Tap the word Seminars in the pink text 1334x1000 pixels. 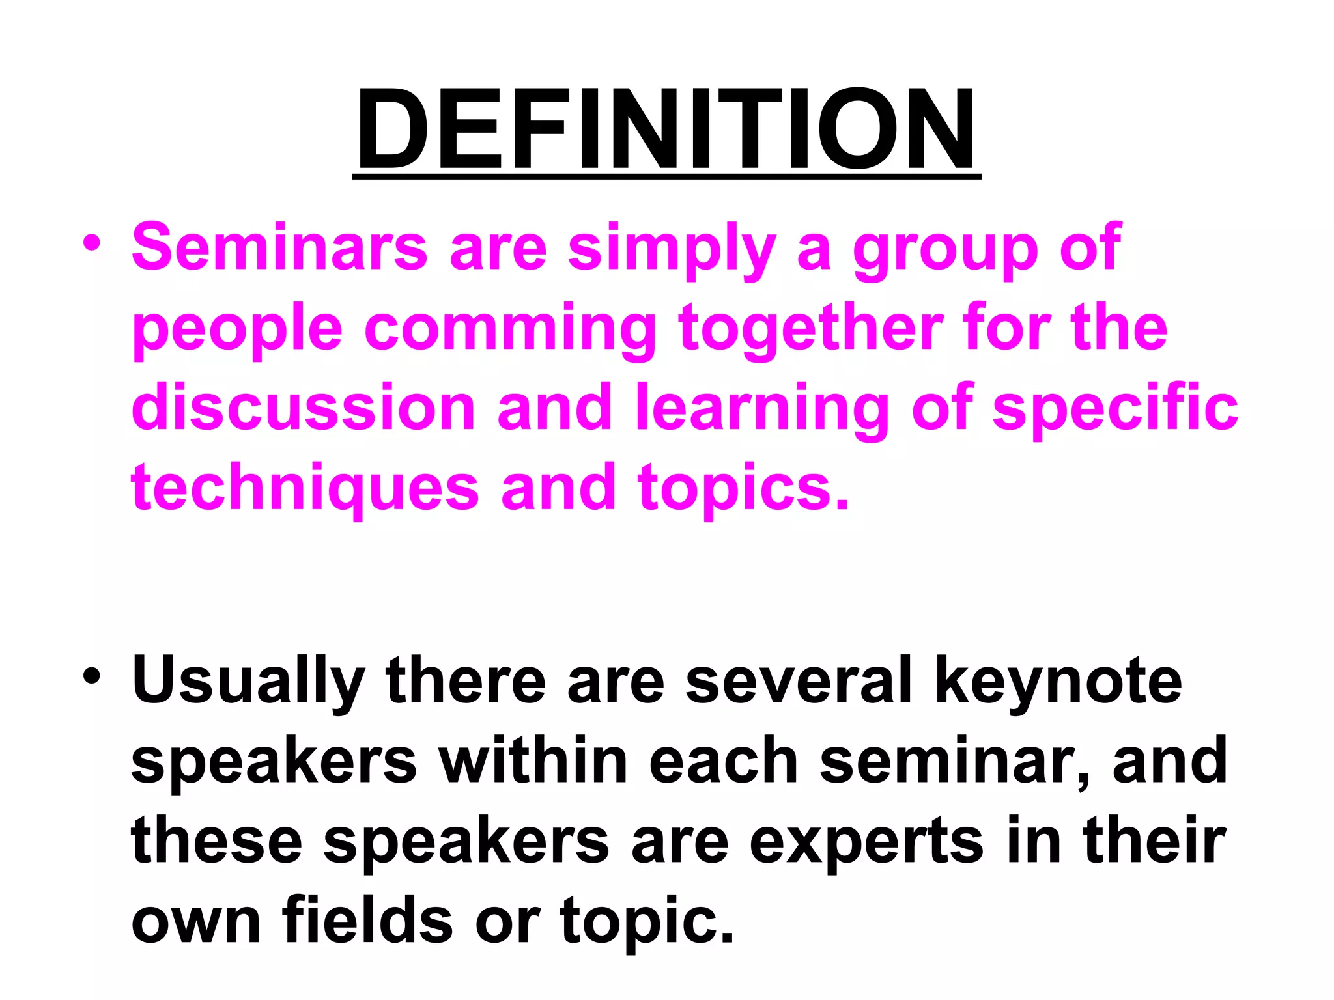click(x=279, y=247)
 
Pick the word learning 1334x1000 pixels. click(x=762, y=409)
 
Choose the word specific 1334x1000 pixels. click(x=1114, y=409)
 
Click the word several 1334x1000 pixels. click(x=799, y=680)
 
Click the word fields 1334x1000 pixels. click(x=367, y=919)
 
